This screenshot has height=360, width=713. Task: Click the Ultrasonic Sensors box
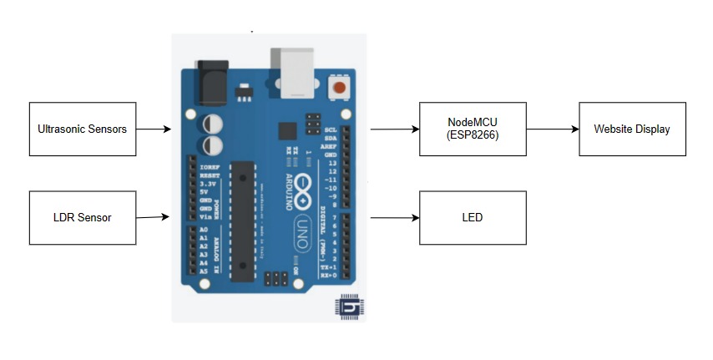pos(83,129)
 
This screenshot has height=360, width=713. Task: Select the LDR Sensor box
pos(83,217)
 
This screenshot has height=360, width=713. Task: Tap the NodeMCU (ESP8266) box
pos(473,129)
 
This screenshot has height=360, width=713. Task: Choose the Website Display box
pos(632,129)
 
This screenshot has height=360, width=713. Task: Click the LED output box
pos(473,217)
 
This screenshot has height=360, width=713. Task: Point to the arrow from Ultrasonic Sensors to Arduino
pos(154,129)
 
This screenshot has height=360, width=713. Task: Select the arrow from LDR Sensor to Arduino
pos(154,217)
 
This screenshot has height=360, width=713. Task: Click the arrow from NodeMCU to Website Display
pos(553,129)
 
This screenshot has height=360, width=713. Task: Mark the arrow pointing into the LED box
pos(394,217)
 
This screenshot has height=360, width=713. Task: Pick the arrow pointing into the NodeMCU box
pos(394,129)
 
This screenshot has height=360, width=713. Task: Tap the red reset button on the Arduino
pos(339,87)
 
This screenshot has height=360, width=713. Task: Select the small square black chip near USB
pos(288,131)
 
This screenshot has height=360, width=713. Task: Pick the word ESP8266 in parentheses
pos(473,135)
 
